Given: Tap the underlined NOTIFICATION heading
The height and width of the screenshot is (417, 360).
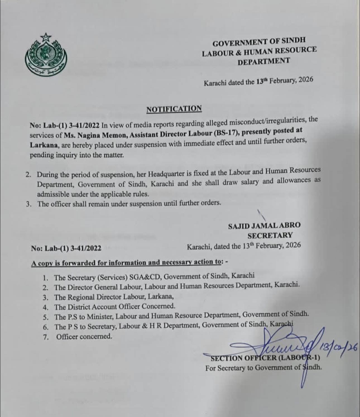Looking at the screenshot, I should pyautogui.click(x=174, y=109).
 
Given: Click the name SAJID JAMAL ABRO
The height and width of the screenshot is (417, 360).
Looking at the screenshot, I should pyautogui.click(x=264, y=226).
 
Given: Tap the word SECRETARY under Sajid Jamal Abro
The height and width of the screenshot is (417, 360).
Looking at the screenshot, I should pyautogui.click(x=270, y=236).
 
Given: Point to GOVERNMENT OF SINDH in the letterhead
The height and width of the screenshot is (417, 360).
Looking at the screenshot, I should pyautogui.click(x=259, y=42).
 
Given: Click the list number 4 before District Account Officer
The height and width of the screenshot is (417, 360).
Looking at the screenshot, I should pyautogui.click(x=45, y=308).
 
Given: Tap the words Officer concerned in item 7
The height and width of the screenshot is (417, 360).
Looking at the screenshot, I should pyautogui.click(x=84, y=337).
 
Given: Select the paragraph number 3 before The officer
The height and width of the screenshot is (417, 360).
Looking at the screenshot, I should pyautogui.click(x=28, y=204).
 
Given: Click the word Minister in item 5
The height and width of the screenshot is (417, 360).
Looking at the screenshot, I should pyautogui.click(x=100, y=317).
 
